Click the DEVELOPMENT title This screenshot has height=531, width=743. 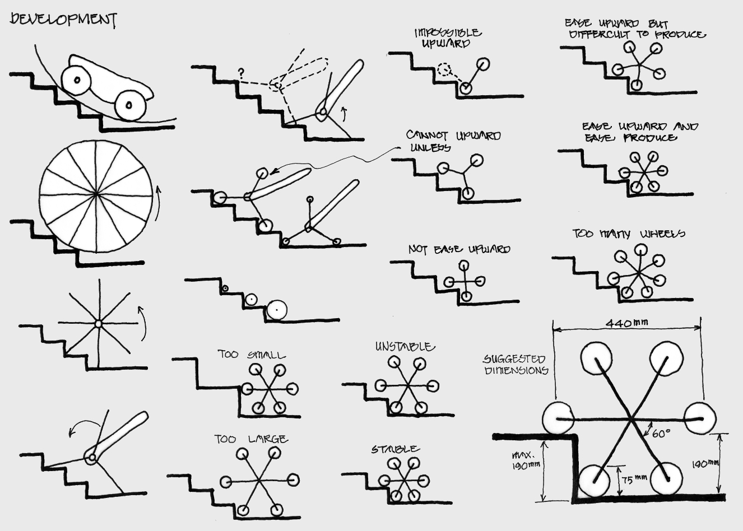click(63, 20)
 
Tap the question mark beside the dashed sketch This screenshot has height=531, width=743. click(242, 72)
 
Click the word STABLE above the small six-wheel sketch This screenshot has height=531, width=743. click(395, 449)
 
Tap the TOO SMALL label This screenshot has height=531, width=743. click(252, 355)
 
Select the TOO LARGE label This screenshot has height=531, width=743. click(251, 440)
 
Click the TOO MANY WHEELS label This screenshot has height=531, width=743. click(628, 234)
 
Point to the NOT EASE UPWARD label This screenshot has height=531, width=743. click(459, 249)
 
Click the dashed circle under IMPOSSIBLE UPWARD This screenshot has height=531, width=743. click(444, 70)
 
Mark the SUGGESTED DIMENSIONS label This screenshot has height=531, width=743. click(514, 365)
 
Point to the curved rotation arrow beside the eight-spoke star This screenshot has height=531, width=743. click(143, 324)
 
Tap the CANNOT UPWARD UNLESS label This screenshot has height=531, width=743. click(453, 141)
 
